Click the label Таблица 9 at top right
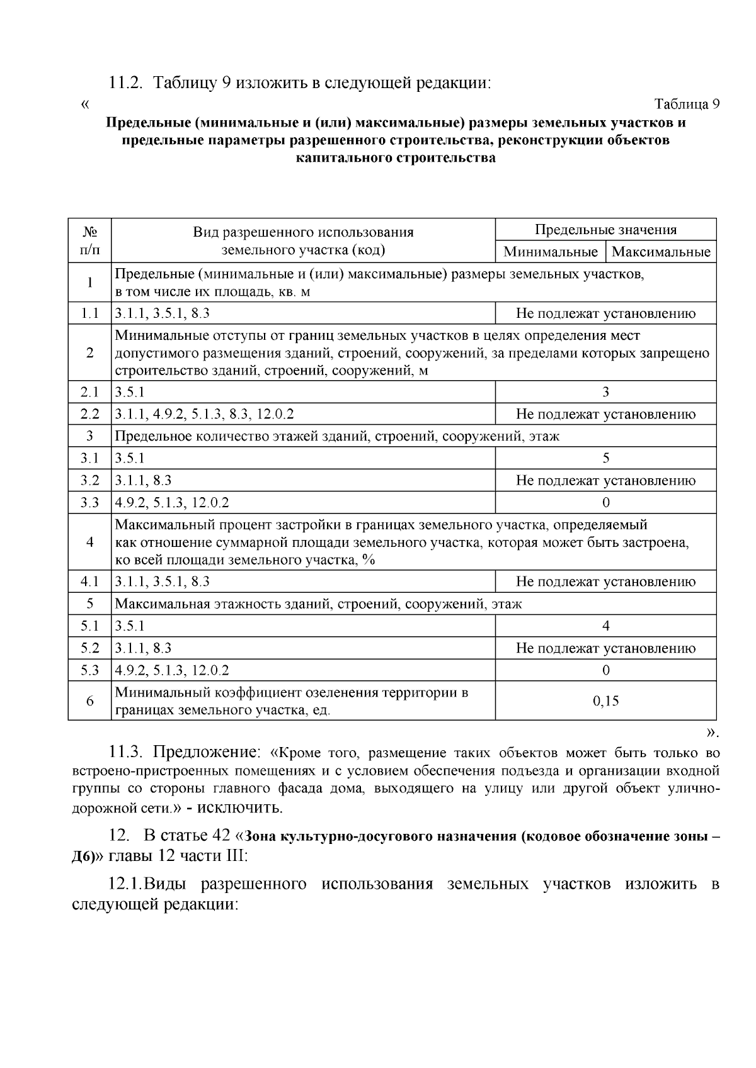point(687,104)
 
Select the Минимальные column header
point(551,252)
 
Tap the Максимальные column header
point(661,252)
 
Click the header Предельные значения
point(605,230)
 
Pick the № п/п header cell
point(89,240)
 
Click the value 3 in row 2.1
point(605,392)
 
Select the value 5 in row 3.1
point(605,458)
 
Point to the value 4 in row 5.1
point(605,626)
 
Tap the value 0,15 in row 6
point(605,701)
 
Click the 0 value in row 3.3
point(605,502)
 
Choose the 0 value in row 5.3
point(605,670)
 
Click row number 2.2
point(89,414)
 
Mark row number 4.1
point(89,582)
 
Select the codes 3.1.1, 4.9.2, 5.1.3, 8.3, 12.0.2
point(204,414)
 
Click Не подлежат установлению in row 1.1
point(605,313)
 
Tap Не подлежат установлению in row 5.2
point(605,648)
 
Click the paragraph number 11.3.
point(128,752)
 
